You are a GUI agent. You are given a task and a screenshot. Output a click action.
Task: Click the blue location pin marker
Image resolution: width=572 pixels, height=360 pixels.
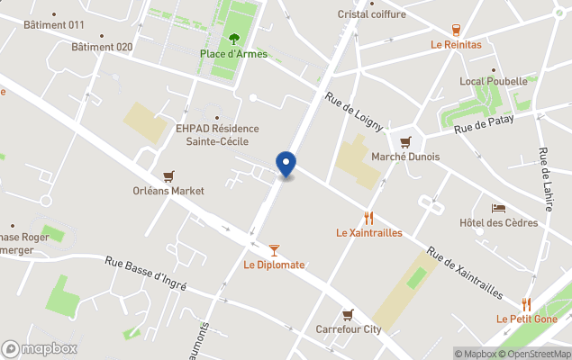[x=286, y=165]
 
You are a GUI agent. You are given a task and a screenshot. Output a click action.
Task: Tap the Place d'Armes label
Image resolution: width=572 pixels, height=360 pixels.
[x=233, y=53]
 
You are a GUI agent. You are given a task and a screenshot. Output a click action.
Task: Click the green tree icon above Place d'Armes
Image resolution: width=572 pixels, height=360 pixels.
[x=234, y=38]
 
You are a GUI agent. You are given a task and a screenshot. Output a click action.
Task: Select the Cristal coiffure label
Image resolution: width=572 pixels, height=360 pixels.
[x=372, y=13]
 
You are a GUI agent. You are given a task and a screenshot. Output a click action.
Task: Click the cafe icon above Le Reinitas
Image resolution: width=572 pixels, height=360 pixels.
[x=456, y=30]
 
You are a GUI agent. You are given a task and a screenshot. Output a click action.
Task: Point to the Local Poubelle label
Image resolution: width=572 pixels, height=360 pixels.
[x=493, y=81]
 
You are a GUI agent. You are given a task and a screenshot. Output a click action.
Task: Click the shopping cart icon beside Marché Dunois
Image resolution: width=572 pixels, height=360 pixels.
[x=405, y=141]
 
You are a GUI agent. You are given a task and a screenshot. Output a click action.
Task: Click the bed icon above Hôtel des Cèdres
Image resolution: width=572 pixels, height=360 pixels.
[x=498, y=209]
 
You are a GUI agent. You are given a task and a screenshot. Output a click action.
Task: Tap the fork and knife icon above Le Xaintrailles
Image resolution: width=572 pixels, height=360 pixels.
[x=368, y=218]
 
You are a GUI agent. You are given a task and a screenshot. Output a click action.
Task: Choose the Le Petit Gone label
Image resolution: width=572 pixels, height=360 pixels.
[x=527, y=319]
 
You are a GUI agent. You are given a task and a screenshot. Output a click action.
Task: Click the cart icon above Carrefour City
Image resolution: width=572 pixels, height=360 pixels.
[x=348, y=314]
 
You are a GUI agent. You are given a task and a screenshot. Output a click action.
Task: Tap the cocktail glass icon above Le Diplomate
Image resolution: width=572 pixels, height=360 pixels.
[x=274, y=250]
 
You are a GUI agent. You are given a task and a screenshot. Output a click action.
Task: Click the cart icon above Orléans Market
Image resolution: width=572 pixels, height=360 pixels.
[x=168, y=176]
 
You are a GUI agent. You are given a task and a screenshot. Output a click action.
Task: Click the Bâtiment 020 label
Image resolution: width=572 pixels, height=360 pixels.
[x=102, y=47]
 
